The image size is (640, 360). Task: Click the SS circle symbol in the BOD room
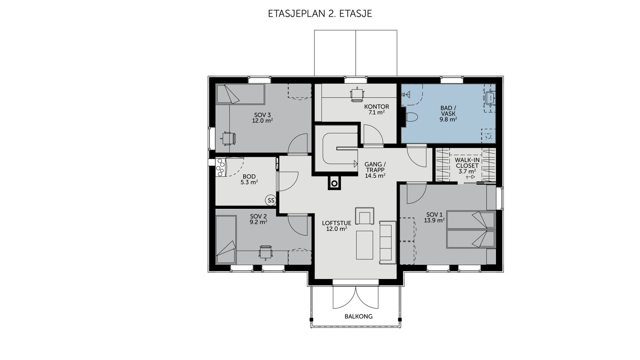click(x=270, y=200)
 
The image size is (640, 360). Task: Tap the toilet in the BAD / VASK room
click(x=411, y=117)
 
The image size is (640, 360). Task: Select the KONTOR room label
click(x=376, y=107)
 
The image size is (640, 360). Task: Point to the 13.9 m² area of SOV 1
click(x=434, y=220)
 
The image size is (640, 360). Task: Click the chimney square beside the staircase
click(x=334, y=183)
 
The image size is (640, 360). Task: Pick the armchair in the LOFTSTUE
click(x=364, y=216)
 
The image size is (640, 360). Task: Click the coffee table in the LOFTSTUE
click(x=364, y=245)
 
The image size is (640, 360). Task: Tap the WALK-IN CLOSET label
click(x=467, y=163)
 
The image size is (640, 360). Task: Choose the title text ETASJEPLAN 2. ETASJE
click(x=320, y=14)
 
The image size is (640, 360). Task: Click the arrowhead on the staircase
click(x=356, y=164)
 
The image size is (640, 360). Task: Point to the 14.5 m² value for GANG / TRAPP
click(x=375, y=176)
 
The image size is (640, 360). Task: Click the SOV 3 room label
click(x=262, y=115)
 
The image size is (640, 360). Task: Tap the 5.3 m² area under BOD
click(x=249, y=182)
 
